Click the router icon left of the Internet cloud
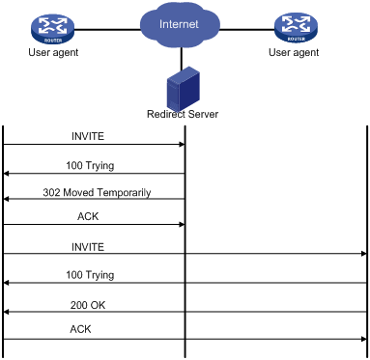click(53, 29)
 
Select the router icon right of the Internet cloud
click(296, 28)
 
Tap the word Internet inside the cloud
click(179, 24)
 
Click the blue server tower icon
click(184, 88)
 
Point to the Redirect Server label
click(183, 114)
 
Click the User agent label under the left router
click(53, 52)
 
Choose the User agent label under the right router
click(294, 52)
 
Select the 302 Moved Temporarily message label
click(97, 193)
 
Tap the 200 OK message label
click(88, 305)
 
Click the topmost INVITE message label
click(88, 136)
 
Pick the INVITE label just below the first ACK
click(88, 247)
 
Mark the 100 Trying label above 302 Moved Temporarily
click(90, 166)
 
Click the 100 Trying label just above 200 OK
click(90, 275)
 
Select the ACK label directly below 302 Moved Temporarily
click(88, 216)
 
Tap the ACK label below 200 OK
click(80, 329)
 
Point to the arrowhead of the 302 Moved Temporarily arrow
click(5, 200)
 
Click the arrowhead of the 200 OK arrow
click(5, 312)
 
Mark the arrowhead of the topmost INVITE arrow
click(183, 145)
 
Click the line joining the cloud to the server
click(182, 58)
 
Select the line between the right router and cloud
click(247, 30)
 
